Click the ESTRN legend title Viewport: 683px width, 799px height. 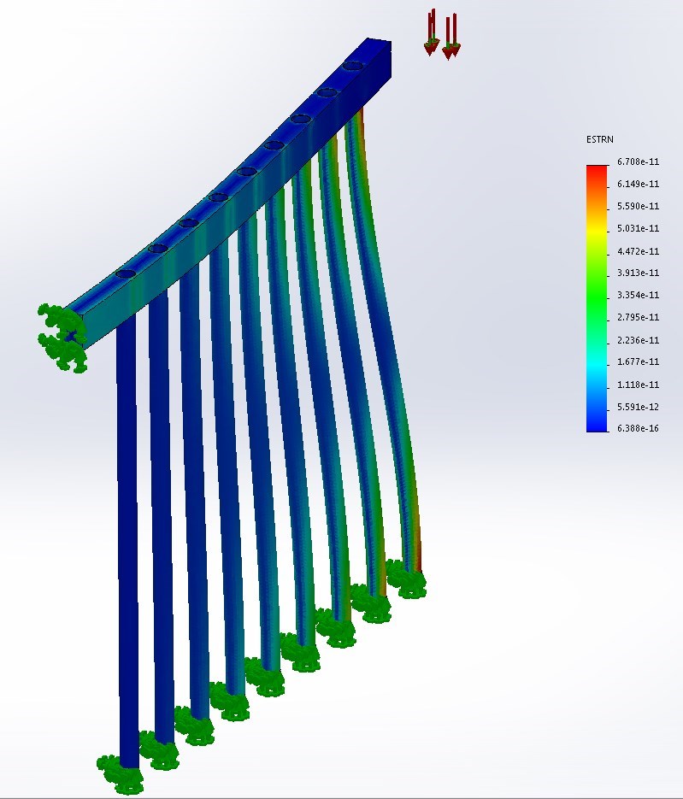coord(599,139)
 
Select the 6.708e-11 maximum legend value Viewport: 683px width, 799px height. coord(639,162)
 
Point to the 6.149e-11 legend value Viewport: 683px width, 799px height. coord(639,184)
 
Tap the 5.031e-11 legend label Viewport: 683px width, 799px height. coord(639,228)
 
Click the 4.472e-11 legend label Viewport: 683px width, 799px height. coord(639,251)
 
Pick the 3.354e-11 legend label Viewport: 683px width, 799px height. coord(639,295)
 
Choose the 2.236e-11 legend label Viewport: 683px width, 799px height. coord(639,340)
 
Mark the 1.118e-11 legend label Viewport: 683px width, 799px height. coord(639,385)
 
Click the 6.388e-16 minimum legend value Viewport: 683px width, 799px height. coord(639,428)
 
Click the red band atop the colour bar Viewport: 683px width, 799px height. coord(597,173)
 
